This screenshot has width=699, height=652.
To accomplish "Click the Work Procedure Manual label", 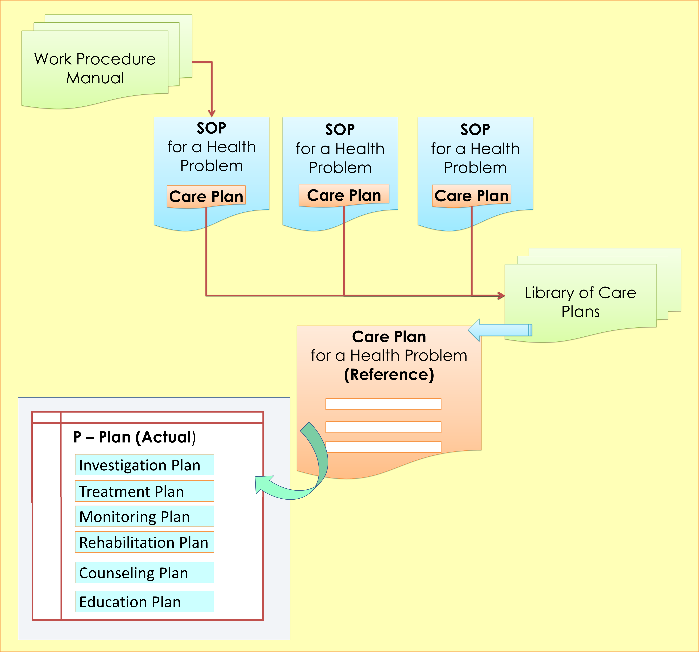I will click(95, 68).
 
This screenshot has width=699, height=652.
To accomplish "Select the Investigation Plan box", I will click(144, 465).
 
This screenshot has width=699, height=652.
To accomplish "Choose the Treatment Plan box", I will click(144, 491).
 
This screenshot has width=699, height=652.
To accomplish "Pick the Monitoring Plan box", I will click(144, 517).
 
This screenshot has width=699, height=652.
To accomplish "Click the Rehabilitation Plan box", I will click(144, 542).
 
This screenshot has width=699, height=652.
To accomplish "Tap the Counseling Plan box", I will click(144, 573).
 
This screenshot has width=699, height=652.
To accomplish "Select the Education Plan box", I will click(144, 602).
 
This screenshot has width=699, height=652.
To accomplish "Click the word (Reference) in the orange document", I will click(389, 374).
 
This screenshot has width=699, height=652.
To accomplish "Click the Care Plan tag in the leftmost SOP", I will click(206, 196).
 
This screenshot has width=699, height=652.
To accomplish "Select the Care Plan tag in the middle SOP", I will click(344, 195).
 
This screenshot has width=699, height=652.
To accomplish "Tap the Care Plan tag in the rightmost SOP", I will click(471, 196).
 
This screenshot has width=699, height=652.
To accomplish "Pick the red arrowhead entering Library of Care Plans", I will click(501, 296).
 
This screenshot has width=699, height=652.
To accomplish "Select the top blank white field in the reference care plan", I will click(383, 404).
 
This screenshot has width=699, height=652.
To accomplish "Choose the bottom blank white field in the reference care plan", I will click(383, 447).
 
